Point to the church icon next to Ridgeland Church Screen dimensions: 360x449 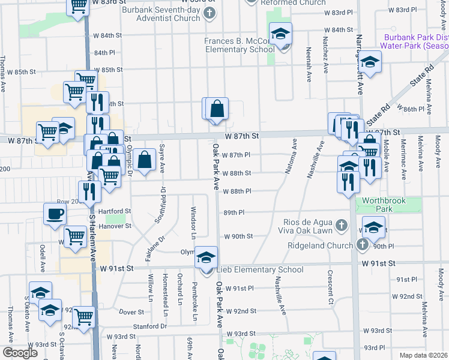point(361,245)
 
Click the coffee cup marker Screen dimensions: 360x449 point(55,214)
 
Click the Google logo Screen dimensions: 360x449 point(20,353)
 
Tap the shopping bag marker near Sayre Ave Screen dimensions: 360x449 point(145,161)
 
